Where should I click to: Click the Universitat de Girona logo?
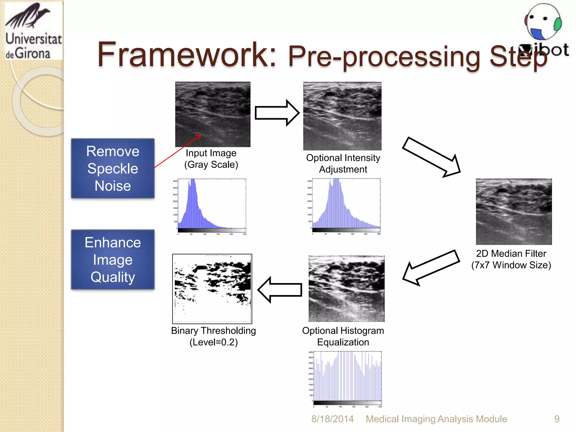pos(33,31)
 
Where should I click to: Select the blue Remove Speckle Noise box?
pos(113,168)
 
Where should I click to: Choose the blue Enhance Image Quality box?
pos(113,259)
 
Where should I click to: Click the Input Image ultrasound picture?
pos(213,114)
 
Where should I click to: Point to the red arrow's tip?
pos(201,135)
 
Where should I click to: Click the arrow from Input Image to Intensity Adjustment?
pos(277,113)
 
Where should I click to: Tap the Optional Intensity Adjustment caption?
pos(343,163)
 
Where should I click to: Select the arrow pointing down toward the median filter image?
pos(431,157)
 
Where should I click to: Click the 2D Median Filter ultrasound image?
pos(514,211)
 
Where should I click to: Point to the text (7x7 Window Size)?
pos(511,265)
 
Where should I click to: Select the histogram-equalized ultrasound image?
pos(346,289)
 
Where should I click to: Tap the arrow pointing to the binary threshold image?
pos(280,290)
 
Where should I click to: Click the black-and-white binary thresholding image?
pos(212,289)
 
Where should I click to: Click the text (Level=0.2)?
pos(213,342)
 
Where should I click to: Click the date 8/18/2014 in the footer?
pos(332,419)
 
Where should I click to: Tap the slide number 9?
pos(557,419)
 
